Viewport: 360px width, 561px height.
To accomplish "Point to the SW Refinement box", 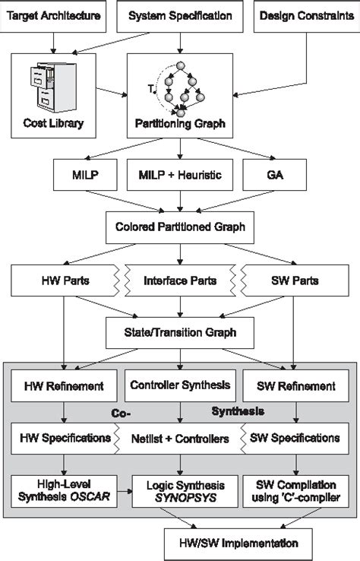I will coord(295,385).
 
